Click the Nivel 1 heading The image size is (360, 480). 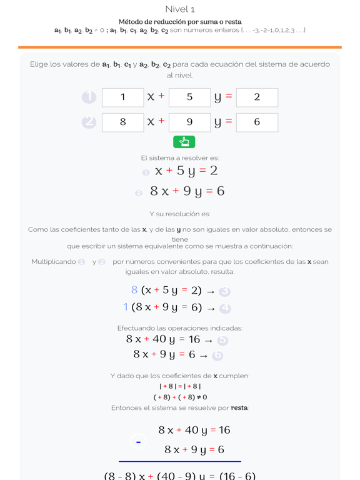coord(180,9)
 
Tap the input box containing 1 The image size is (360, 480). coord(122,97)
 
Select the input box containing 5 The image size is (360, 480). coord(189,97)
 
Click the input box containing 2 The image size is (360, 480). coord(257,97)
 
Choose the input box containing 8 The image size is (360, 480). coord(122,122)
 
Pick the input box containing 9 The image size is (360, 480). coord(189,122)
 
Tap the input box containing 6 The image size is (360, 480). coord(257,122)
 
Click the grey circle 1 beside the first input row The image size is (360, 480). coord(89,97)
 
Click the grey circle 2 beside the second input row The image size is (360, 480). coord(89,122)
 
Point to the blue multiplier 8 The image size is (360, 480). coord(134,290)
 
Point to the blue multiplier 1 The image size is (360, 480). coord(126,307)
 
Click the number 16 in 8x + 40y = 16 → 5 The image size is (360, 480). coord(194,339)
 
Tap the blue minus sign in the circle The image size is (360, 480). coord(138,442)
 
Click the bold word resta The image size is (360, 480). coord(239,408)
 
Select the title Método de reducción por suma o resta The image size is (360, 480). coord(180,22)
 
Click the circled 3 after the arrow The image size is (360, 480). coord(226,292)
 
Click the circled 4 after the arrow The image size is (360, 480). coord(226,309)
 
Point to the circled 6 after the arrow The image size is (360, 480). coord(217,356)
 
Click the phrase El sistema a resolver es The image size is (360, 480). coord(180,158)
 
